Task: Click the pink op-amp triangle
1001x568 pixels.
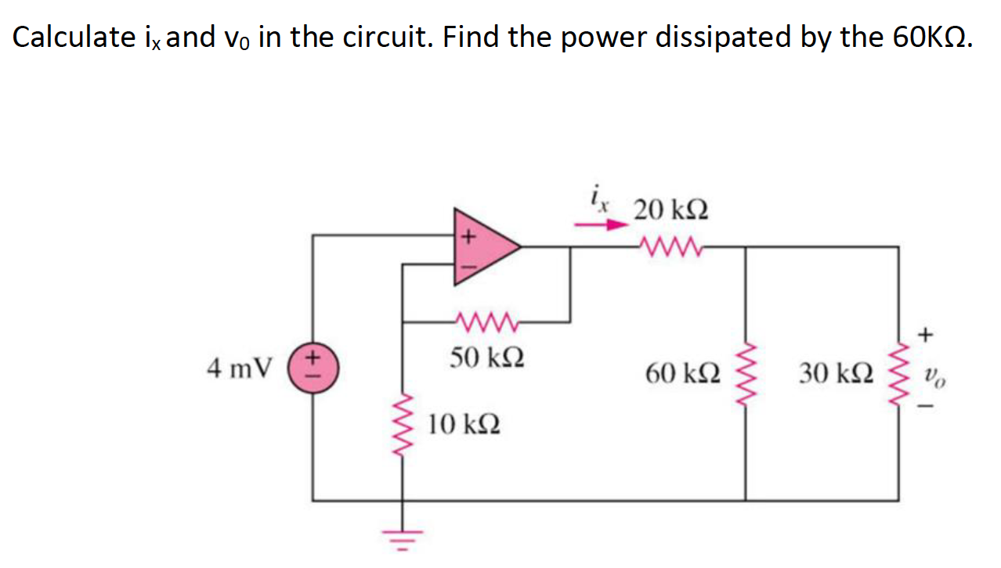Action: pyautogui.click(x=480, y=246)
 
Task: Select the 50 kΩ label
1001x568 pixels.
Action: pyautogui.click(x=486, y=358)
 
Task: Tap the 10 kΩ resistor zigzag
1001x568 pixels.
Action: pyautogui.click(x=403, y=426)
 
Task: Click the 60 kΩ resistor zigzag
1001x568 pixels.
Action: pyautogui.click(x=745, y=373)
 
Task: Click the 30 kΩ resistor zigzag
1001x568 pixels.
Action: pyautogui.click(x=898, y=373)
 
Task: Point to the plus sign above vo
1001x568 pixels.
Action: pyautogui.click(x=925, y=335)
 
